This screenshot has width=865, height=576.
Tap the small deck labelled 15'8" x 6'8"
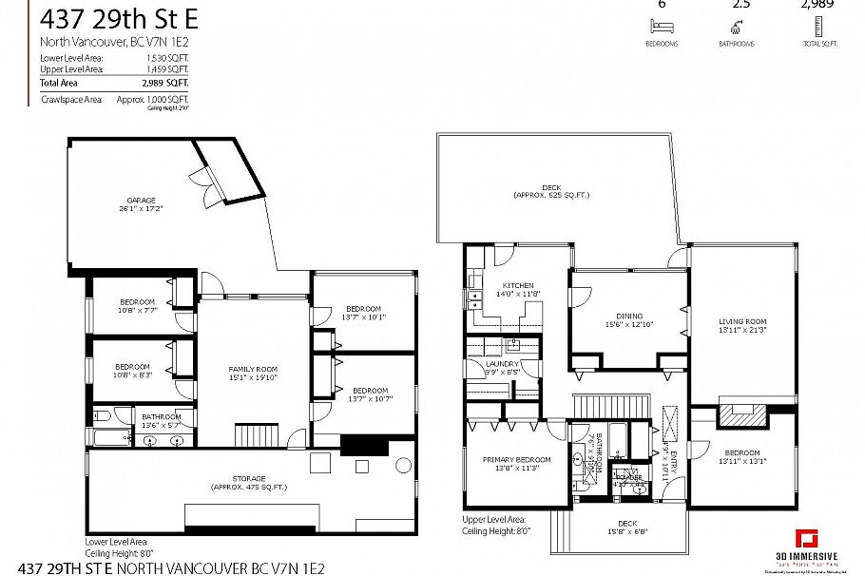coord(626,527)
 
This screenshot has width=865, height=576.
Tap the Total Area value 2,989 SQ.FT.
coord(167,83)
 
